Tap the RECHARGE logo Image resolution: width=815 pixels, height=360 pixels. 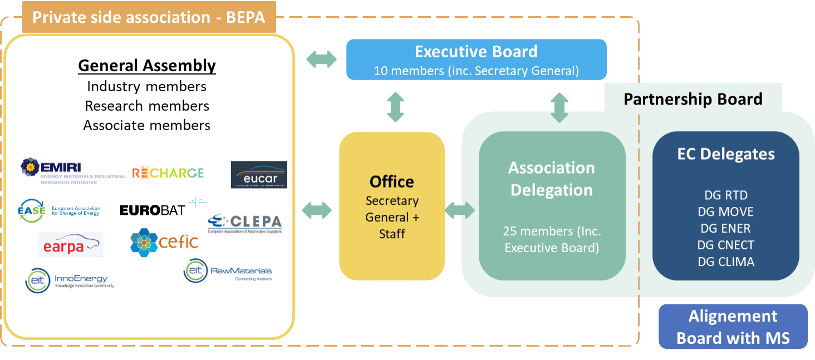click(168, 173)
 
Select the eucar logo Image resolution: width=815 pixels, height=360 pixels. click(259, 175)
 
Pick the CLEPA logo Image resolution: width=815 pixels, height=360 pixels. click(245, 224)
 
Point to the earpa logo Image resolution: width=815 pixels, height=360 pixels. click(71, 244)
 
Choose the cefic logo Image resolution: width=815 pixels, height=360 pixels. click(164, 241)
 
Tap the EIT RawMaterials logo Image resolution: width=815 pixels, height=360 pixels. click(228, 272)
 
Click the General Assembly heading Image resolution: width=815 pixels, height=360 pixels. click(147, 66)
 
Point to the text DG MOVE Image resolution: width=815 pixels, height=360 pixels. click(725, 212)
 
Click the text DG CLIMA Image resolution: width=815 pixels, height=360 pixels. click(726, 262)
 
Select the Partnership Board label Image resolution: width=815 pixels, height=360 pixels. click(693, 100)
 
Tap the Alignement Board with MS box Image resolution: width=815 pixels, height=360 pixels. click(733, 327)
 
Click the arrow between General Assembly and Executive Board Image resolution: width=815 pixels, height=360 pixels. click(322, 59)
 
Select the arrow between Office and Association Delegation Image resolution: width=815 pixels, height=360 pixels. click(460, 210)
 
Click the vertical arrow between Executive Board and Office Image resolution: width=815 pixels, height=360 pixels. click(395, 107)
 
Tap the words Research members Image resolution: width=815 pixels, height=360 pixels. click(147, 106)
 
